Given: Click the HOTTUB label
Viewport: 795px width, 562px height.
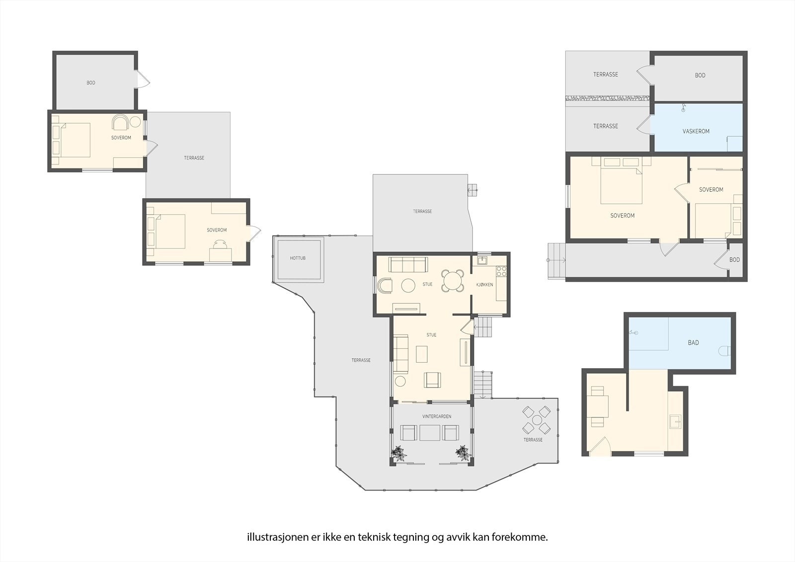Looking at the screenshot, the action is click(x=298, y=258).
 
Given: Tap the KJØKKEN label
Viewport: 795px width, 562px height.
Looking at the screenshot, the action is click(x=484, y=284).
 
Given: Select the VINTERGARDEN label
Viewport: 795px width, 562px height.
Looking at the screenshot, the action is click(x=437, y=416).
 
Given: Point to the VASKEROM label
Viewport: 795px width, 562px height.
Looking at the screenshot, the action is click(x=696, y=131).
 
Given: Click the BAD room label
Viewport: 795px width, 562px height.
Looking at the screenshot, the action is click(x=693, y=342).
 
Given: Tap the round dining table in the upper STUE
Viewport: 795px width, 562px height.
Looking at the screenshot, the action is click(x=453, y=280).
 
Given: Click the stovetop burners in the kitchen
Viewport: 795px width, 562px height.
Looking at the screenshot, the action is click(x=501, y=272).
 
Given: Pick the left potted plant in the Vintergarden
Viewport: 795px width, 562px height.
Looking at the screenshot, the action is click(x=399, y=453).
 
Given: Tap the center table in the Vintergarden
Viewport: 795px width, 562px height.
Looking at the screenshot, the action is click(x=430, y=433).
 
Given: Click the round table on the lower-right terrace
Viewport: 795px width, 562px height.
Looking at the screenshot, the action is click(x=537, y=420).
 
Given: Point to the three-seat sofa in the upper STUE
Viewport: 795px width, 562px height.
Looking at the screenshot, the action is click(x=408, y=264).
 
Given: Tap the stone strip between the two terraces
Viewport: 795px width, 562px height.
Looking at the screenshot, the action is click(x=607, y=98).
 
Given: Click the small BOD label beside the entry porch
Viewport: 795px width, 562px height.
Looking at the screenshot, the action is click(x=734, y=260).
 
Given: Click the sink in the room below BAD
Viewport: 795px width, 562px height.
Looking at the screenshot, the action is click(x=675, y=421).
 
